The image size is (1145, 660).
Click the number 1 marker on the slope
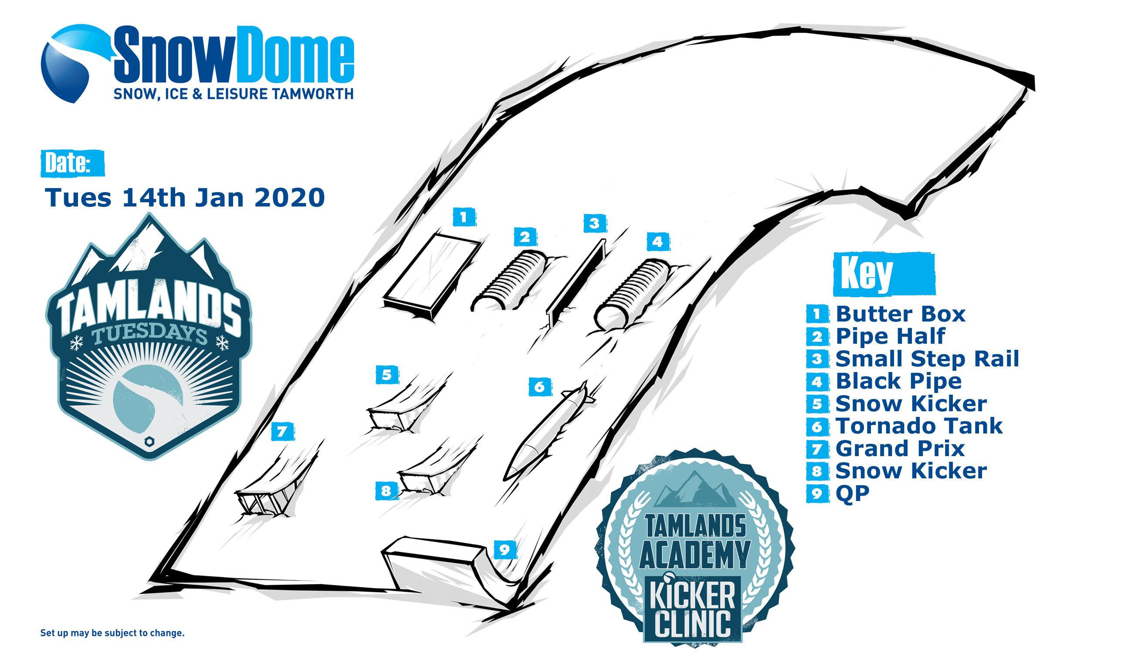point(464,217)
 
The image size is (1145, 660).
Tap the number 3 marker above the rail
point(595,223)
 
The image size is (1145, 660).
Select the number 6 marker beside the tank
point(539,387)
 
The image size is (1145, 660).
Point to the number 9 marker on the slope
point(505,550)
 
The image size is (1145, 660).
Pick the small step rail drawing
point(576,283)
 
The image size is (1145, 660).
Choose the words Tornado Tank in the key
point(919,426)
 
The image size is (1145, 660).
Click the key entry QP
point(853,493)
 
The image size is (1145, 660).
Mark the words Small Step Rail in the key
point(927,359)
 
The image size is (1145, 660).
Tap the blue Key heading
point(884,274)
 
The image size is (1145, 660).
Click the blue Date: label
point(72,163)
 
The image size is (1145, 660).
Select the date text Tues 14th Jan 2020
point(184,198)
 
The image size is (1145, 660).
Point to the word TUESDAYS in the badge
point(149,334)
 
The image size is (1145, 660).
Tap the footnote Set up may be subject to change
point(112,633)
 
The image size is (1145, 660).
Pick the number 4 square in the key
point(817,382)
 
